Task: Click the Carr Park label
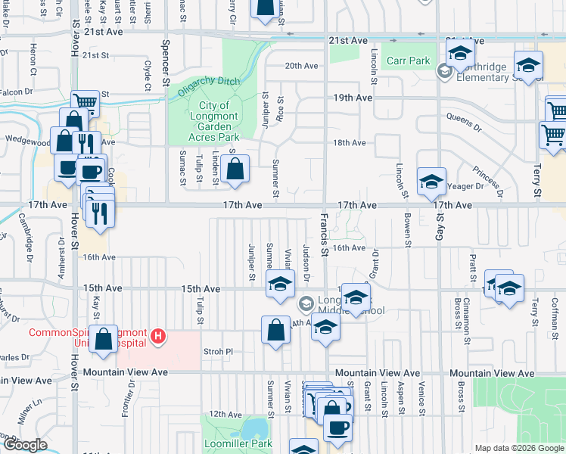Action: [408, 61]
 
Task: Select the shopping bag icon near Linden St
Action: [235, 169]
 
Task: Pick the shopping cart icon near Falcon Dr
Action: [86, 102]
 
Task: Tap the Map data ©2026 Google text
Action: [519, 448]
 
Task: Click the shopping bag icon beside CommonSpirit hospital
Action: [102, 337]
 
